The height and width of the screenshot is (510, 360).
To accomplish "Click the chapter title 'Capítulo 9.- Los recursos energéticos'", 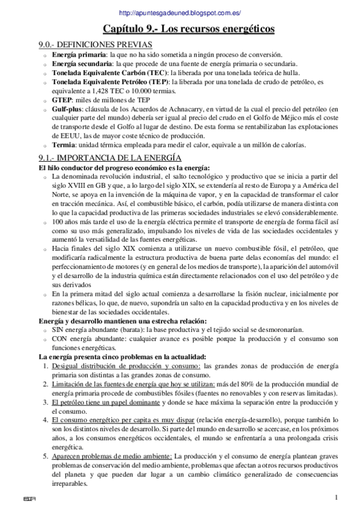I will click(180, 28).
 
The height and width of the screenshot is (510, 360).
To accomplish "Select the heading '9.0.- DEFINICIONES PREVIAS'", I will click(95, 45).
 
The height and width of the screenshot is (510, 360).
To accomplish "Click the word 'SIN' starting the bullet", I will click(58, 330).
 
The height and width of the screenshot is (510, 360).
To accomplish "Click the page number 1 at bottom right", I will click(337, 497).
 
